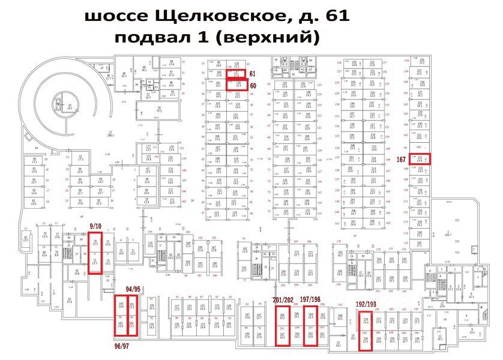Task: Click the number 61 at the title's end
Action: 337,16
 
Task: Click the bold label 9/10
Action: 95,227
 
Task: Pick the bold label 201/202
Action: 283,301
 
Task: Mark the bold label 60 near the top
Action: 253,86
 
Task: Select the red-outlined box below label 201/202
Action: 283,328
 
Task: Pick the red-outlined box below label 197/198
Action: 310,327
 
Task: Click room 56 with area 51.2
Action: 160,110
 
